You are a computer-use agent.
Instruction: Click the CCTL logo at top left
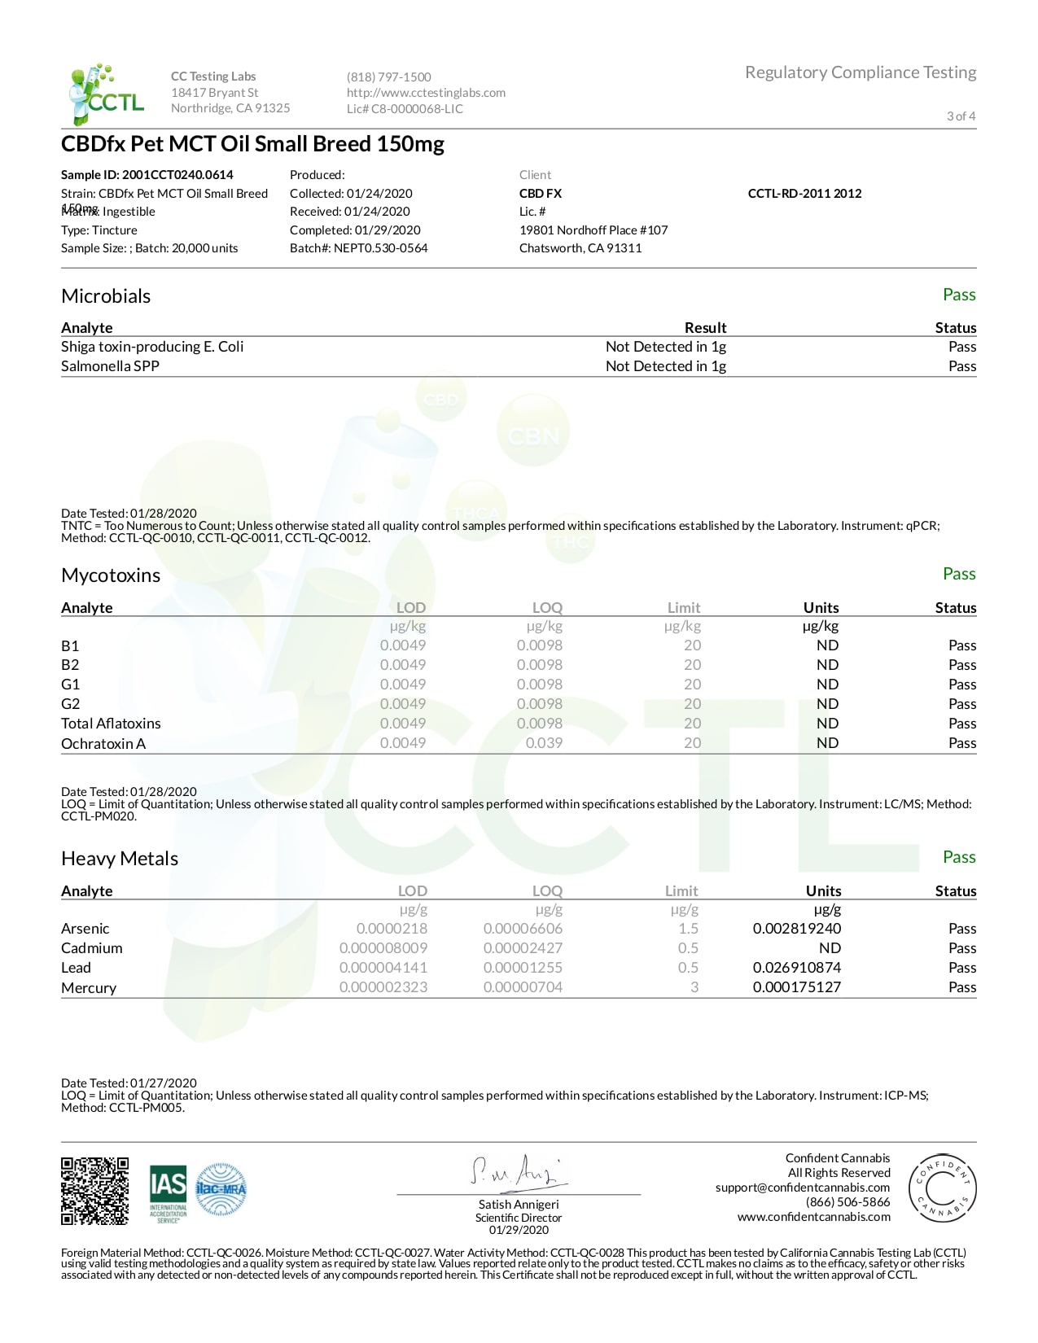(106, 94)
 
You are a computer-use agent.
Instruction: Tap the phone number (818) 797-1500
(388, 77)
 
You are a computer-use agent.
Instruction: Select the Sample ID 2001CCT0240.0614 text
(147, 175)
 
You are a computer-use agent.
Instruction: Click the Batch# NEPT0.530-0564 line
(358, 248)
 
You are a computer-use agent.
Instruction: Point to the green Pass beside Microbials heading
(958, 295)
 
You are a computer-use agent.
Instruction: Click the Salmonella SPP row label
(110, 366)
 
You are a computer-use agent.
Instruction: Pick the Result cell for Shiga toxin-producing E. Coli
(665, 347)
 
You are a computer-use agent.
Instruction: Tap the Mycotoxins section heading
(111, 575)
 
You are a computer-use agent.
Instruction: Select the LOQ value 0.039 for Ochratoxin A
(544, 743)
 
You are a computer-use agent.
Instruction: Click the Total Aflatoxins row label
(111, 724)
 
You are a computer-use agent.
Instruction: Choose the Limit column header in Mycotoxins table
(683, 608)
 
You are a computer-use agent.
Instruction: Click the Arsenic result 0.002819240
(796, 929)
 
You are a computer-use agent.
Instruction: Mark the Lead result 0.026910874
(796, 968)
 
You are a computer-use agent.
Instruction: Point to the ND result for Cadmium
(829, 948)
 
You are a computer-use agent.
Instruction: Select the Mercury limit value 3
(694, 987)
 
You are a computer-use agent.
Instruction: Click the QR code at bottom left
(94, 1191)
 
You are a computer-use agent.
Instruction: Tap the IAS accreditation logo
(168, 1193)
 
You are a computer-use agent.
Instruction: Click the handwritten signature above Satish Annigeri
(517, 1172)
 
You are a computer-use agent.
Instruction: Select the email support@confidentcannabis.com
(802, 1188)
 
